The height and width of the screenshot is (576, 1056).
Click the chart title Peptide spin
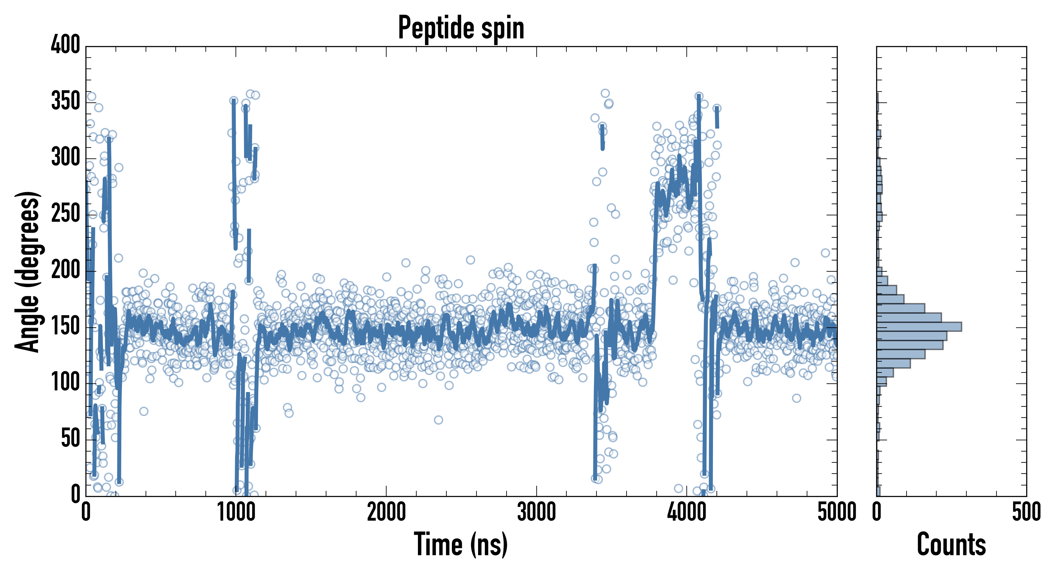tap(461, 28)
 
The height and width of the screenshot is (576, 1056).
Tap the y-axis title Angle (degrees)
tap(28, 271)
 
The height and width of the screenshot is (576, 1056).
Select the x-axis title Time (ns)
tap(461, 544)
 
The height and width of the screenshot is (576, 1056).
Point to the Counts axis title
tap(951, 544)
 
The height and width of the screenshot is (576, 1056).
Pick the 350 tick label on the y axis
tap(66, 101)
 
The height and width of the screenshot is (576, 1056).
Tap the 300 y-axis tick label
tap(66, 157)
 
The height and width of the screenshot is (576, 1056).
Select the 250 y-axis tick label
tap(66, 213)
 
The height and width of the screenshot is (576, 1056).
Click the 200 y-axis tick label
tap(66, 269)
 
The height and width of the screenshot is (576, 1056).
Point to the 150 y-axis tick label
tap(66, 326)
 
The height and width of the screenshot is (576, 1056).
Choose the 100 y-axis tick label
tap(66, 382)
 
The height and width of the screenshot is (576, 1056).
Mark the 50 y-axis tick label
tap(70, 438)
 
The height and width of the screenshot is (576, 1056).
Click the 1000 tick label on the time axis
tap(236, 512)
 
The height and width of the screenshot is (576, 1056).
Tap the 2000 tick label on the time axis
tap(386, 512)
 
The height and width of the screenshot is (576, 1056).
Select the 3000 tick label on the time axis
tap(536, 512)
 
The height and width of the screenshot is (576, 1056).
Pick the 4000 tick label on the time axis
tap(687, 512)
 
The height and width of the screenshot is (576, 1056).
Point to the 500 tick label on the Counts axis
tap(1026, 512)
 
